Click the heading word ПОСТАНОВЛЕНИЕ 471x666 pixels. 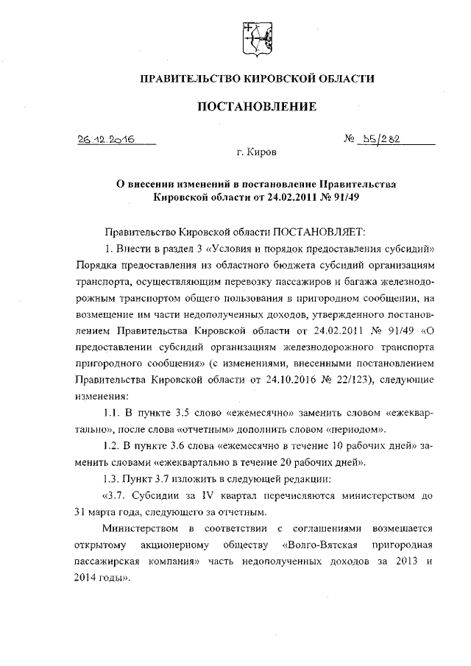[x=255, y=107]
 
